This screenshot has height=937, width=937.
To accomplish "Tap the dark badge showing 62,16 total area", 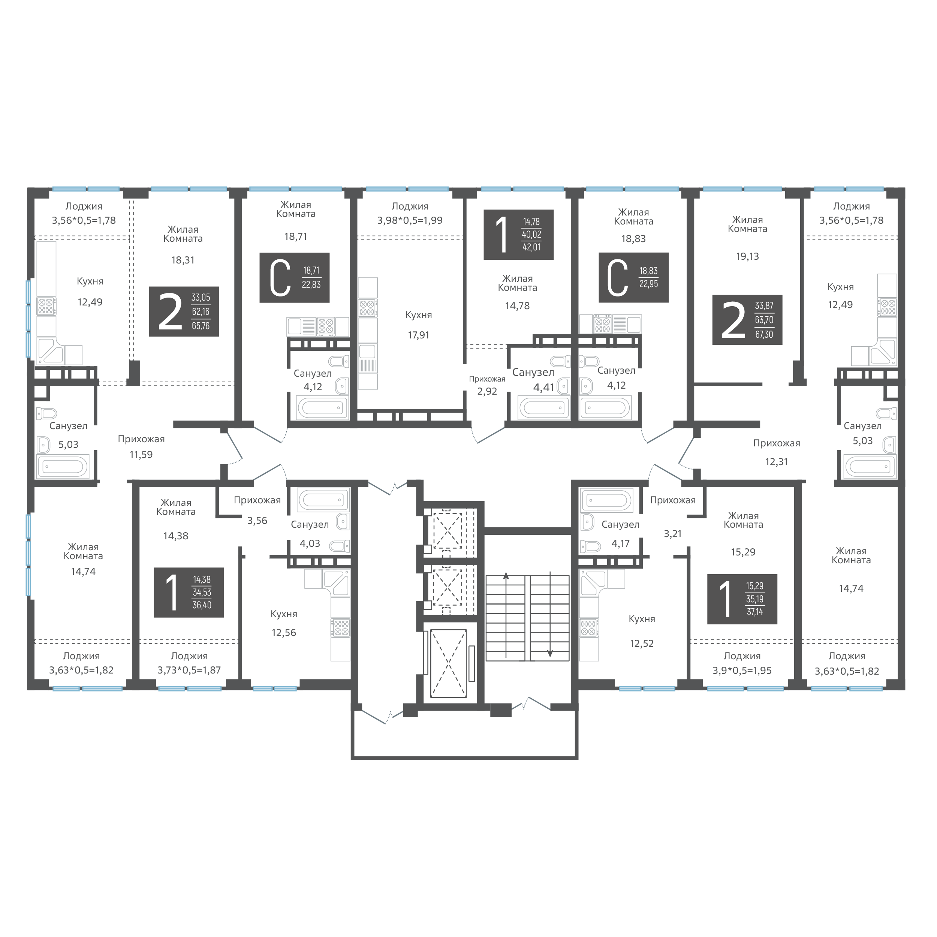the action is [184, 311].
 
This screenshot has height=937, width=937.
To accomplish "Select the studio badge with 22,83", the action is [294, 277].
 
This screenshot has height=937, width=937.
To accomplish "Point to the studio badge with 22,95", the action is [633, 277].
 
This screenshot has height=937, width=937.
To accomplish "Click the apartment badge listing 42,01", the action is [518, 234].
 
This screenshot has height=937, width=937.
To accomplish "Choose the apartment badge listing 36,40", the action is [189, 592].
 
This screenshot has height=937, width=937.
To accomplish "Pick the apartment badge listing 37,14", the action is [742, 599].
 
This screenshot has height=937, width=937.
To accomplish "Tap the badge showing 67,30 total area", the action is [747, 320].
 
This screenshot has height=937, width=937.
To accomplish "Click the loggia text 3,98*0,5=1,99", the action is [410, 220].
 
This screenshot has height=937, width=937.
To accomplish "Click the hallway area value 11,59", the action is [141, 454].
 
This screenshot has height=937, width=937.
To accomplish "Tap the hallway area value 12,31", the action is [777, 462].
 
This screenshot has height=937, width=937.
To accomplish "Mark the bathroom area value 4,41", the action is [544, 388].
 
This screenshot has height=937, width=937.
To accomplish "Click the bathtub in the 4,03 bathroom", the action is [323, 500].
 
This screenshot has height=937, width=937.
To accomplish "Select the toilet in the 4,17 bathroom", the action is [591, 546].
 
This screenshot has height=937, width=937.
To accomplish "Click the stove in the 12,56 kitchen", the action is [340, 627].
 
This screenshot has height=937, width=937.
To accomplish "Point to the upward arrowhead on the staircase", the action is [506, 576].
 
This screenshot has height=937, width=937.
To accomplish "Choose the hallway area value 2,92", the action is [487, 391].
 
